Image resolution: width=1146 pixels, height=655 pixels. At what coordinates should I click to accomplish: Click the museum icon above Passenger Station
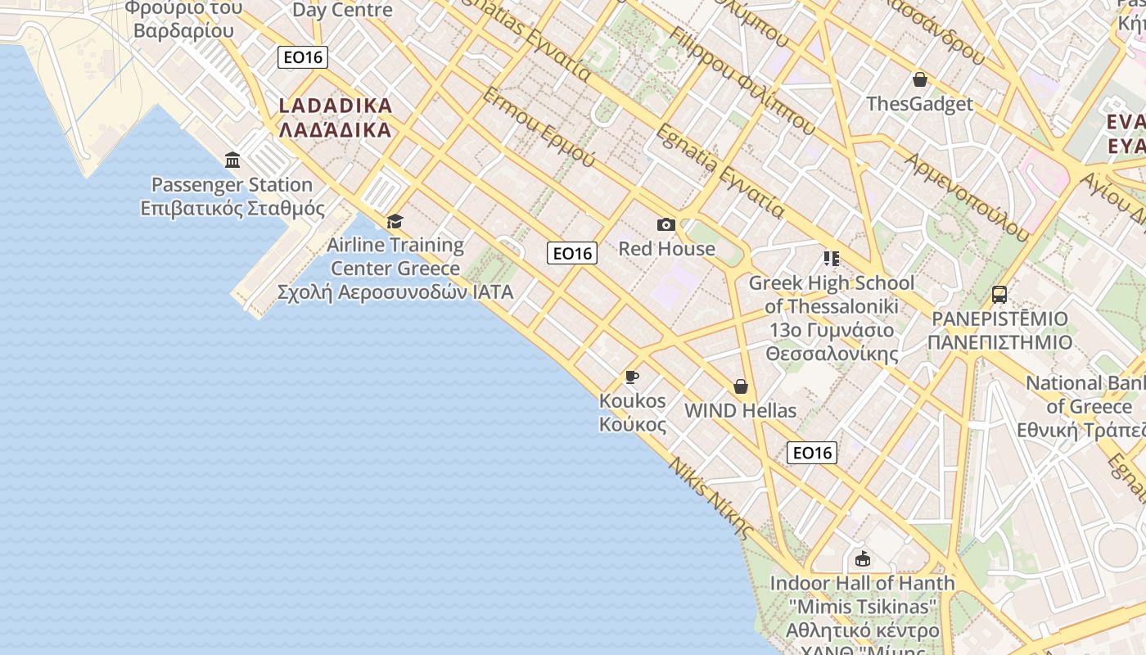pyautogui.click(x=232, y=160)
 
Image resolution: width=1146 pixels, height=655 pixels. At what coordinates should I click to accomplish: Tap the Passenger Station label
pyautogui.click(x=232, y=196)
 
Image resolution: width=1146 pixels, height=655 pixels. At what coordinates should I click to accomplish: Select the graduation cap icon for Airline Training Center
pyautogui.click(x=395, y=221)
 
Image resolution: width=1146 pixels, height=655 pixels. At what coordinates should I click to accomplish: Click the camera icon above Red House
pyautogui.click(x=666, y=224)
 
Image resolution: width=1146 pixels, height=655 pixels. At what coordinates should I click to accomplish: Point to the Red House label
pyautogui.click(x=666, y=249)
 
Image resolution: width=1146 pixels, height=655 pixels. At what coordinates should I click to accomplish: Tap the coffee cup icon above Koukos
pyautogui.click(x=632, y=377)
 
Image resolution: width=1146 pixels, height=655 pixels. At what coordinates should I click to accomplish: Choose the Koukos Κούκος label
pyautogui.click(x=633, y=413)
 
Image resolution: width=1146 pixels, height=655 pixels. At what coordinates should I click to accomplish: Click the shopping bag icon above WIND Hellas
pyautogui.click(x=741, y=386)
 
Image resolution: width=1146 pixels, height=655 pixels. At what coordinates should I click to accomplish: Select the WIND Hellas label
pyautogui.click(x=741, y=410)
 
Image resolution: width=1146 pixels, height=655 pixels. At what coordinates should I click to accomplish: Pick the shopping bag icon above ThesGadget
pyautogui.click(x=920, y=79)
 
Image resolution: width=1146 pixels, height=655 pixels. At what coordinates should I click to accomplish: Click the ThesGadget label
pyautogui.click(x=920, y=104)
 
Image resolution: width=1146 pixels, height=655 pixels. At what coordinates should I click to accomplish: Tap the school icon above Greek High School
pyautogui.click(x=832, y=259)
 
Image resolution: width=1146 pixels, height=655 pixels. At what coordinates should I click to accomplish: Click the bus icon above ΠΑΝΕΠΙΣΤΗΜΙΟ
pyautogui.click(x=999, y=294)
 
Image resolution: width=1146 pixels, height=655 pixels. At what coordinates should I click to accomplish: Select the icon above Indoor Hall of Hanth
pyautogui.click(x=862, y=559)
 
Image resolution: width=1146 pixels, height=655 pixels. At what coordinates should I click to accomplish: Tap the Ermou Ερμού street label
pyautogui.click(x=539, y=127)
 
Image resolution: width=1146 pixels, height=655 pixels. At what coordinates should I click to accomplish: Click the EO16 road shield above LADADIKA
pyautogui.click(x=303, y=56)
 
